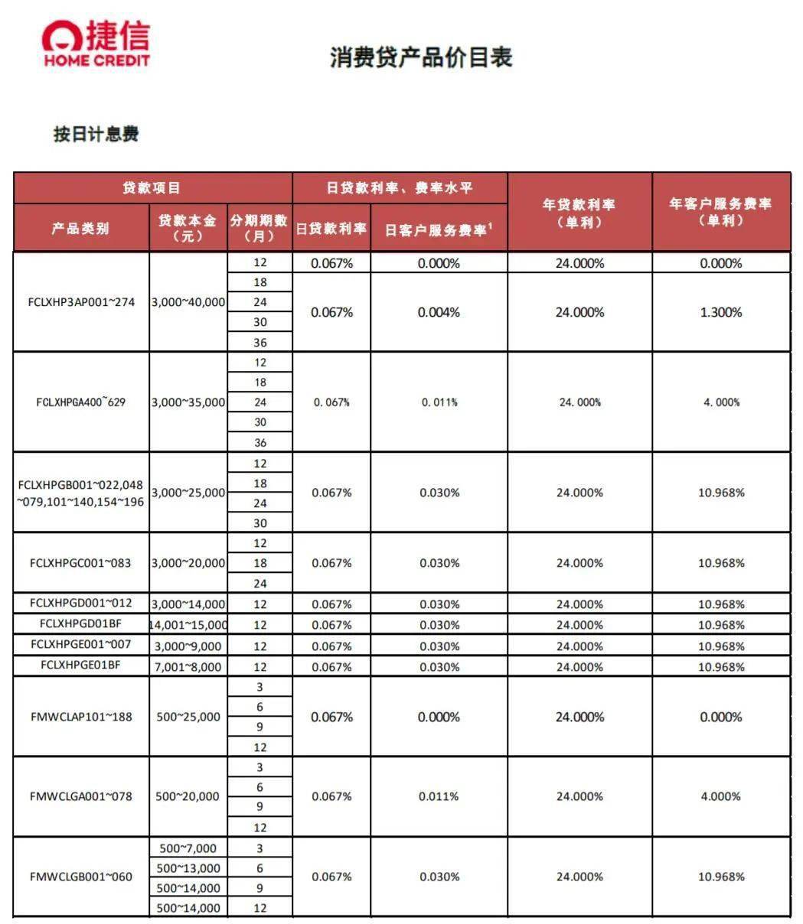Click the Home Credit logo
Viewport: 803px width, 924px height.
(96, 44)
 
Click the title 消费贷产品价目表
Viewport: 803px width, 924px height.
(420, 57)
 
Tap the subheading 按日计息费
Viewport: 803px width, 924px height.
(96, 134)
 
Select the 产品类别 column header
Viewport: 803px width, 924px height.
(80, 228)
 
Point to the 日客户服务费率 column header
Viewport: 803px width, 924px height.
(439, 229)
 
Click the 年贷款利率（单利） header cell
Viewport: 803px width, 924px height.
(579, 213)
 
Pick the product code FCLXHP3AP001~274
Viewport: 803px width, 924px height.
(81, 302)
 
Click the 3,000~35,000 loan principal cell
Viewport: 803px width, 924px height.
(188, 402)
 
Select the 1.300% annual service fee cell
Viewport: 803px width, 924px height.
(721, 312)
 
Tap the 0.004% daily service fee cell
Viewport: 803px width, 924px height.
(439, 312)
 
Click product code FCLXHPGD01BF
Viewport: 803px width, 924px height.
(81, 623)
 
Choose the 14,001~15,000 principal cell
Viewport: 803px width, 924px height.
(188, 625)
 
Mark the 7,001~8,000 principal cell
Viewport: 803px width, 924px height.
(188, 667)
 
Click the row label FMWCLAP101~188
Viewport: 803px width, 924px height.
(81, 717)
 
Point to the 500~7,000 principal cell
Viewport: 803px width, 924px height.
(188, 848)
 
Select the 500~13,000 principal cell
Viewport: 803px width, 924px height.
(188, 868)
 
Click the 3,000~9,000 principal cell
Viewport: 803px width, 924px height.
(188, 646)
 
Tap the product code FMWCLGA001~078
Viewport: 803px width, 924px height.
(81, 796)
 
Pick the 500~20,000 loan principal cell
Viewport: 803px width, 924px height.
(188, 796)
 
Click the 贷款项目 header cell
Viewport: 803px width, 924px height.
(152, 188)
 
